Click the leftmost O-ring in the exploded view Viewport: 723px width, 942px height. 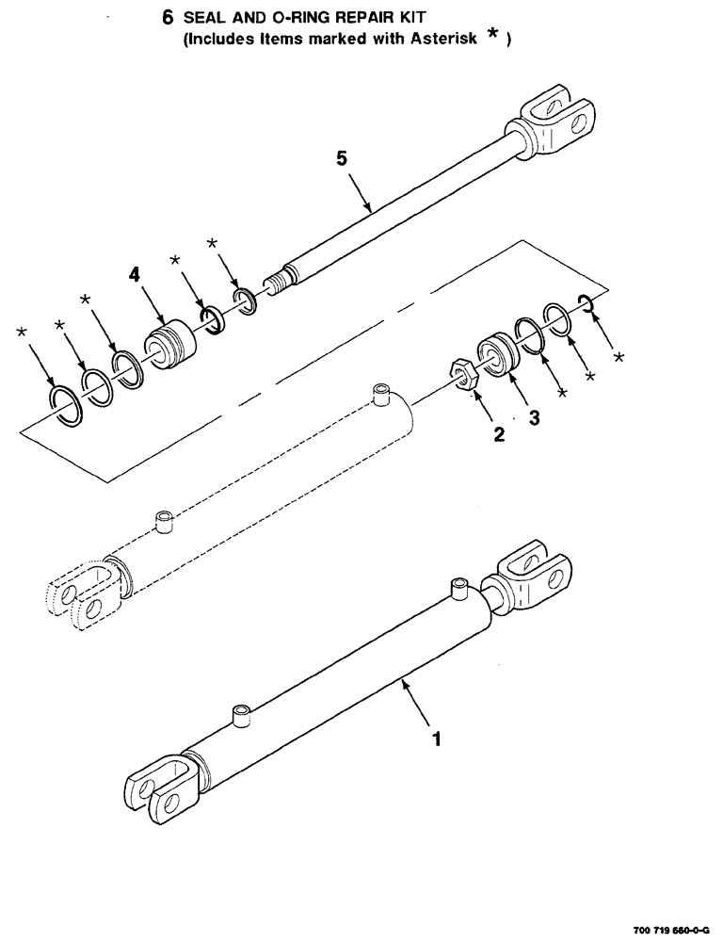coord(65,405)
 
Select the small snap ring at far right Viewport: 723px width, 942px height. coord(585,302)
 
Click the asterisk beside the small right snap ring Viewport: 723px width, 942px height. coord(618,358)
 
